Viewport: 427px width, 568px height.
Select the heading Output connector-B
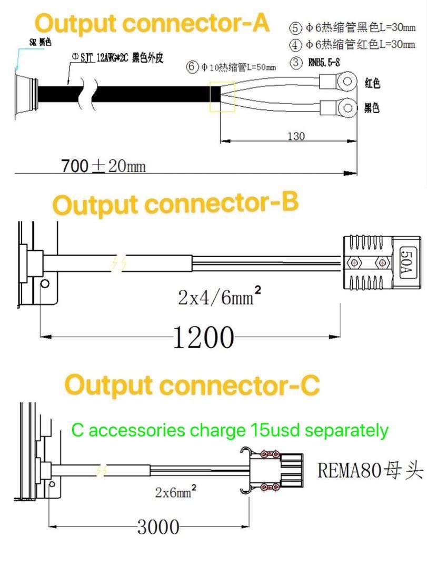pyautogui.click(x=176, y=204)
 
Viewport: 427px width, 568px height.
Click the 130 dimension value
pyautogui.click(x=295, y=136)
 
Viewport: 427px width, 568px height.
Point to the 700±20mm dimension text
pyautogui.click(x=103, y=166)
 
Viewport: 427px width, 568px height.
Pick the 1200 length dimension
pyautogui.click(x=203, y=337)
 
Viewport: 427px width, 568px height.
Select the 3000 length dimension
pyautogui.click(x=158, y=526)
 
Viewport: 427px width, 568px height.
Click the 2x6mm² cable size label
pyautogui.click(x=176, y=492)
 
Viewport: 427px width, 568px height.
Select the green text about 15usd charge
pyautogui.click(x=230, y=430)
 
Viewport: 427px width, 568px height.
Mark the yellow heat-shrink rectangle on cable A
pyautogui.click(x=222, y=97)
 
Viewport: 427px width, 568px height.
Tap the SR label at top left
pyautogui.click(x=40, y=43)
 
